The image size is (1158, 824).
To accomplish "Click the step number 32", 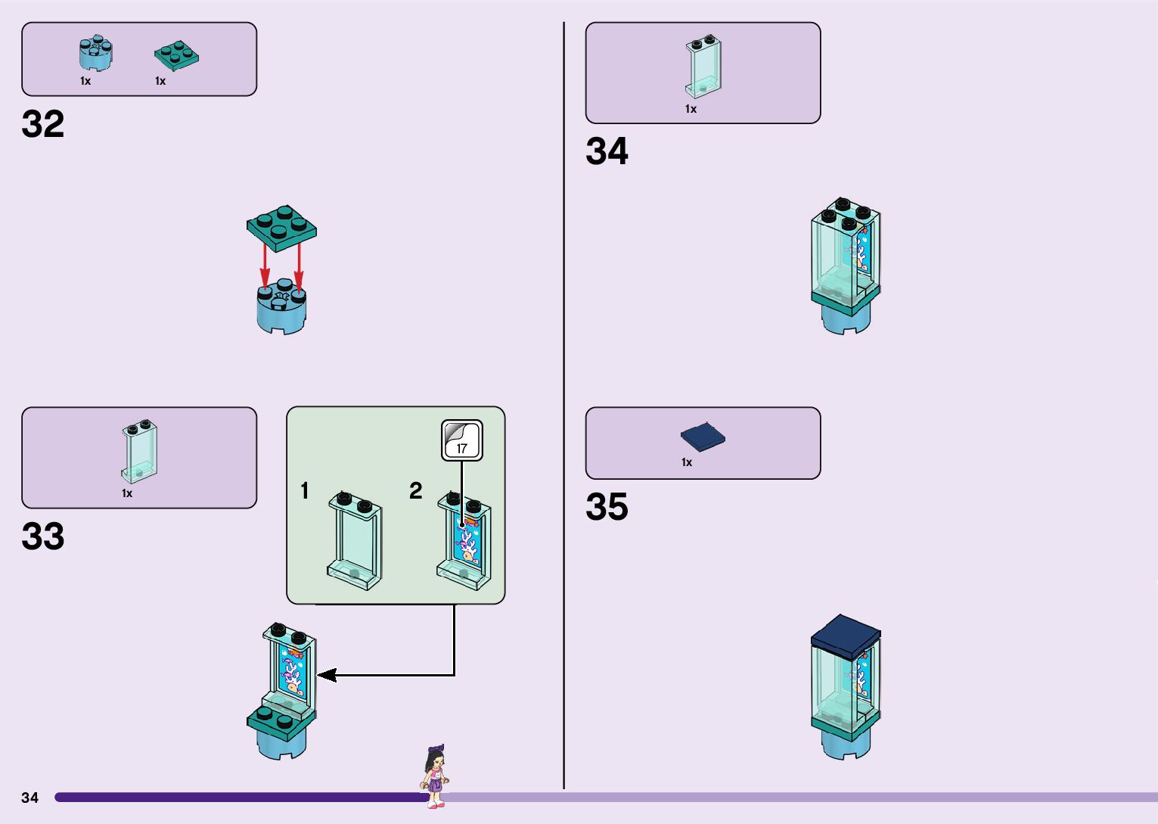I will pos(43,125).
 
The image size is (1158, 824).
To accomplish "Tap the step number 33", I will pos(43,536).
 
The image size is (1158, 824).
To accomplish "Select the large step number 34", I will pos(607,151).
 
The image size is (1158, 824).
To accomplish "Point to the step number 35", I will pos(607,507).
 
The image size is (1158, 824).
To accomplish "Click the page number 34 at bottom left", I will pos(29,798).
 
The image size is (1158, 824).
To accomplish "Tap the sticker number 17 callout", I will pos(461,440).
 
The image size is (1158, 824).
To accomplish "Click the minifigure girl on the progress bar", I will pos(435,776).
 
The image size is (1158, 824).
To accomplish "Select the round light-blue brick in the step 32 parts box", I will pos(96,54).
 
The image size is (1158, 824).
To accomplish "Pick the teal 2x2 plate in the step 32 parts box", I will pos(176,55).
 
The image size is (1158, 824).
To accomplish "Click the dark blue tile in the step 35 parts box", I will pos(703,437).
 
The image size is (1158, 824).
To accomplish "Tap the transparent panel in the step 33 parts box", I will pos(140,452).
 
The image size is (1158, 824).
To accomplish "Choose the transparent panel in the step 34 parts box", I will pos(703,67).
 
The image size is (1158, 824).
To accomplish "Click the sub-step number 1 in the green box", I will pos(304,491).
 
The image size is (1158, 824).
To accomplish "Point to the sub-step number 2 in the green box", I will pos(415,491).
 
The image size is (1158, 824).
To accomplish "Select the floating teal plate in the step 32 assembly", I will pos(281,226).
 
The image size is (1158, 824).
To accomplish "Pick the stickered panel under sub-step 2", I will pos(464,540).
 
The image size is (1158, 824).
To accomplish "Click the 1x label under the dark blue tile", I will pos(687,462).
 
